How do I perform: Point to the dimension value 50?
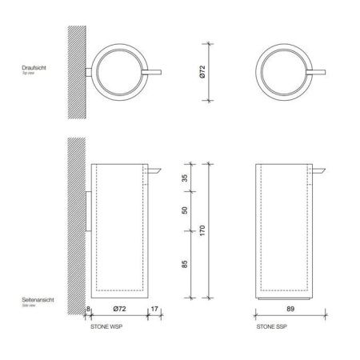point(185,210)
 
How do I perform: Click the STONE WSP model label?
point(107,326)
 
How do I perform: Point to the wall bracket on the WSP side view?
point(87,210)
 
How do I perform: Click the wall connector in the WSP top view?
point(89,72)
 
